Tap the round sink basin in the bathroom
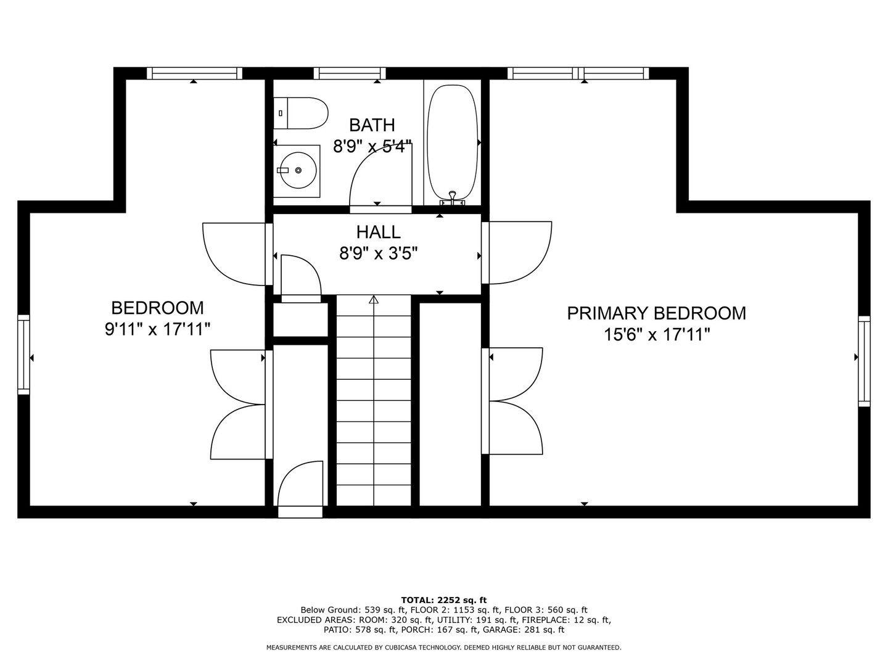pos(298,170)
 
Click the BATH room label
pos(372,125)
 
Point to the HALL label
pos(378,232)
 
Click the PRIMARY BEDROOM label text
pos(656,313)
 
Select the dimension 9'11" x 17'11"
pos(157,329)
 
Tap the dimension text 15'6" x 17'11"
pos(657,335)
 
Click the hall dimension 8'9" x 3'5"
pos(378,254)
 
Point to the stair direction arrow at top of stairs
pos(374,300)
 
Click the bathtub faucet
pos(452,198)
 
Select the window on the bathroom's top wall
pos(350,73)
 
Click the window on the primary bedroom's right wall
pos(864,361)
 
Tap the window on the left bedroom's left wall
pos(24,355)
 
